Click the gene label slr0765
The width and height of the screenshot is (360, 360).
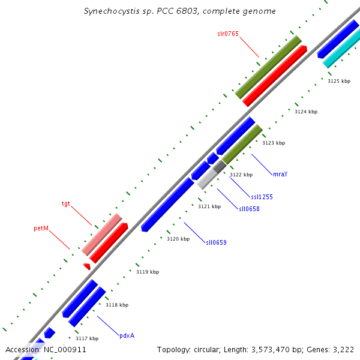[228, 34]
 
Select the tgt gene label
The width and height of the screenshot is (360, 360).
[66, 204]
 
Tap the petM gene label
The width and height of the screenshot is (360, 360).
[41, 229]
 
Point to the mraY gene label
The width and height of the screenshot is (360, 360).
[280, 174]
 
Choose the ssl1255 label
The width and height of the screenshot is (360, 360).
[262, 197]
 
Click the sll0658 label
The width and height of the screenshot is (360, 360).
[249, 209]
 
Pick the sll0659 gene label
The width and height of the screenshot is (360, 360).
[216, 242]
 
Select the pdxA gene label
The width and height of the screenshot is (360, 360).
[127, 335]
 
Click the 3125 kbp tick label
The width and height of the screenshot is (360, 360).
[339, 80]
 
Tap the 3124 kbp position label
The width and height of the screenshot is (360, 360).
[306, 112]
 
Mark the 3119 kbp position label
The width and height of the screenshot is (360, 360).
[148, 272]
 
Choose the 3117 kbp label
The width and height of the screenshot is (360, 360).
[86, 338]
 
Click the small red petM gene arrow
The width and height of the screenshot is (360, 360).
[87, 266]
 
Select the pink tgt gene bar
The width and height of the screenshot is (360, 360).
[102, 234]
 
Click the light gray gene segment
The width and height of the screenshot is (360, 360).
[206, 179]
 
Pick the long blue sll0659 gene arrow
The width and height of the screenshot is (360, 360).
[168, 204]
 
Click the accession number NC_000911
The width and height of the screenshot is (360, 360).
[65, 349]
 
